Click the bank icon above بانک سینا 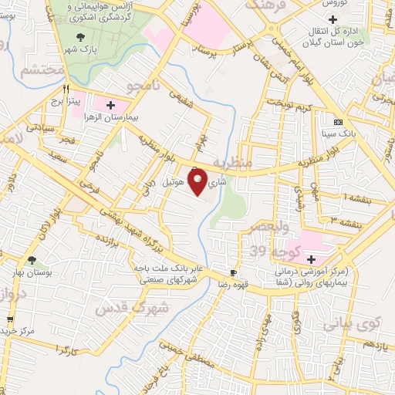pos(338,123)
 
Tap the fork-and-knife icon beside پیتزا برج pos(67,88)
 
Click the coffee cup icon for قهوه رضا pos(233,273)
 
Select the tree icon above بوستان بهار pos(32,261)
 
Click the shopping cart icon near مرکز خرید pos(9,319)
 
